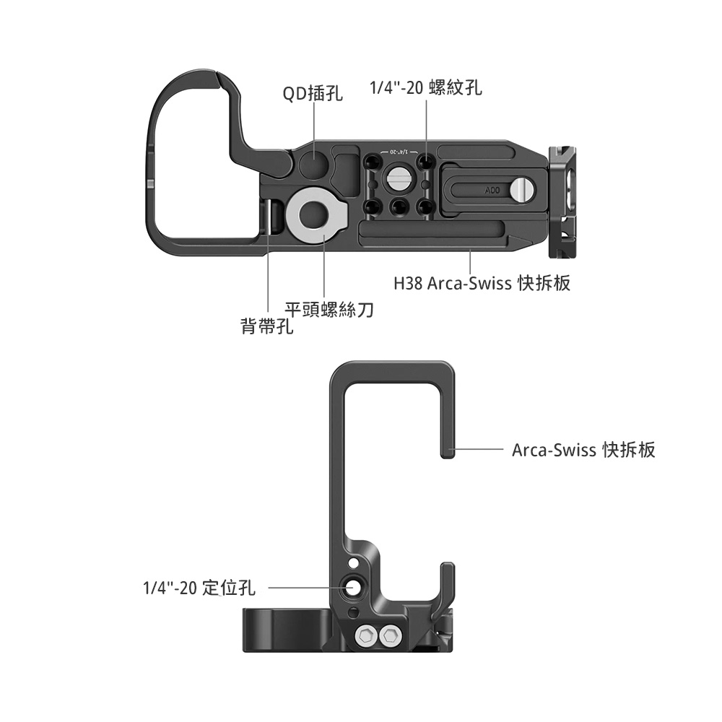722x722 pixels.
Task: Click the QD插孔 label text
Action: pos(312,93)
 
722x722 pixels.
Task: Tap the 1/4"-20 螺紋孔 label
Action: pos(426,87)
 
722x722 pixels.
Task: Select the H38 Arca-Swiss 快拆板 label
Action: pos(482,283)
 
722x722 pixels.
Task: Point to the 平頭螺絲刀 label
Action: pos(329,310)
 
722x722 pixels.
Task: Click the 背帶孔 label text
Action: pos(267,326)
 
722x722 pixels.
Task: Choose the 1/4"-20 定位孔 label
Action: pos(199,588)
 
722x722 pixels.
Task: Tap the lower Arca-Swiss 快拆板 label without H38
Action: pos(583,449)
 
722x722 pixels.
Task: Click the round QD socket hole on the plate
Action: pos(314,163)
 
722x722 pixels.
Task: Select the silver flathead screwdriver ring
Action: pos(316,213)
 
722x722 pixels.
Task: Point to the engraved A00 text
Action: pos(492,190)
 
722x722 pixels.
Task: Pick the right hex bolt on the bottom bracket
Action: pos(388,636)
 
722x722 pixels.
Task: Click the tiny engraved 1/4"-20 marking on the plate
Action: pos(396,151)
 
